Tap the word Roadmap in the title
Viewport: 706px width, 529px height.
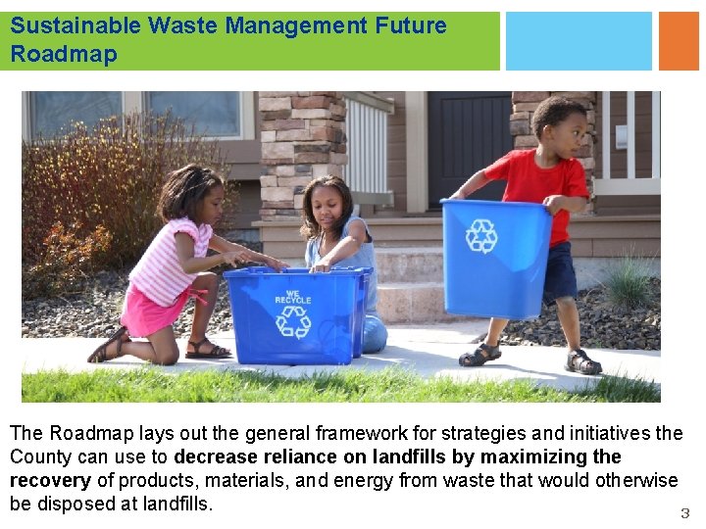click(64, 54)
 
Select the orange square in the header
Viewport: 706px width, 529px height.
click(679, 41)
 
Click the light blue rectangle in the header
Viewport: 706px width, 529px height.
click(579, 41)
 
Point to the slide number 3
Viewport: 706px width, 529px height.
click(684, 513)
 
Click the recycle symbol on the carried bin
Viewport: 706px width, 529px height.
click(481, 236)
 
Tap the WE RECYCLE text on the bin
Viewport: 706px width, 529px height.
click(293, 296)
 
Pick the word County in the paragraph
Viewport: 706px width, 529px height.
click(40, 457)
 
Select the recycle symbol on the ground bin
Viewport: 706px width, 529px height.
click(292, 321)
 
